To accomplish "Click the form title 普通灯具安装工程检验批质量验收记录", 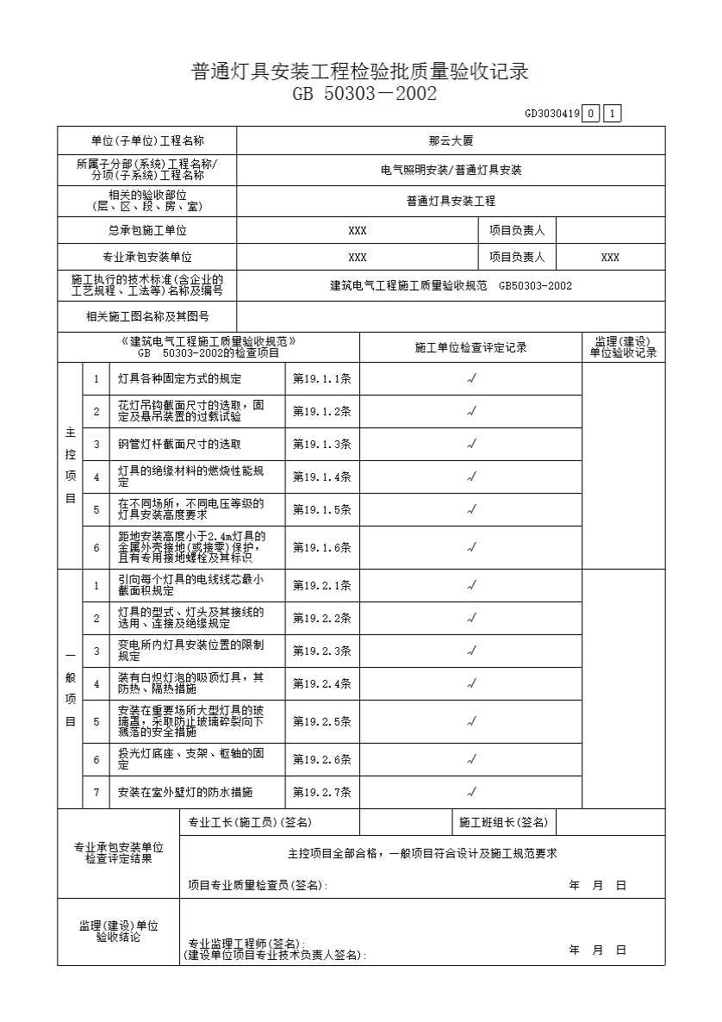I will coord(360,72).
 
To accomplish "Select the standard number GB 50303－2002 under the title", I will coord(364,94).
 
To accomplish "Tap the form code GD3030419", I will coord(551,114).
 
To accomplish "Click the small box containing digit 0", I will coord(590,114).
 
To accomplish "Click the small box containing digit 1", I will coord(612,114).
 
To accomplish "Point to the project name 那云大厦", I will coord(451,140).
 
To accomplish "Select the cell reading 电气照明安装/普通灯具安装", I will coord(451,171).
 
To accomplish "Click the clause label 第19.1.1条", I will coord(322,379).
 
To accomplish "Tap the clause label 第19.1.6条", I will coord(322,547).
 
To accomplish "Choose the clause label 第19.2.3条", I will coord(322,651).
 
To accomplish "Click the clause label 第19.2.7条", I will coord(322,792).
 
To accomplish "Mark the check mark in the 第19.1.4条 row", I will coord(471,477).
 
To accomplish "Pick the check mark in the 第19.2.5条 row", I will coord(471,720).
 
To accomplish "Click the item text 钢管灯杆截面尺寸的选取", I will coord(179,445).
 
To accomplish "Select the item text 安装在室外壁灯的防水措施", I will coord(185,792).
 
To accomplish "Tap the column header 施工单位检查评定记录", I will coord(470,348).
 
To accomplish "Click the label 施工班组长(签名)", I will coord(503,823).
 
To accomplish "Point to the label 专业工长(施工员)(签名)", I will coord(250,823).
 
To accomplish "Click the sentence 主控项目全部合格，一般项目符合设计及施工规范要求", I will coord(422,854).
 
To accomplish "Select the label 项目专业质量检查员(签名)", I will coord(258,885).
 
